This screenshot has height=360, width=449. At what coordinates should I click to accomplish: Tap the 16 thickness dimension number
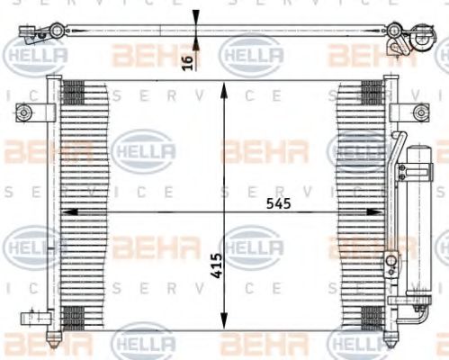click(x=187, y=61)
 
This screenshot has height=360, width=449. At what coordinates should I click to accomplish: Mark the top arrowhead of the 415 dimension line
click(x=225, y=85)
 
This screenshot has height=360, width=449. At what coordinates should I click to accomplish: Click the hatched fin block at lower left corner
click(x=73, y=317)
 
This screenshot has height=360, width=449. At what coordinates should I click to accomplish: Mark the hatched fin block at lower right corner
click(x=370, y=317)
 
